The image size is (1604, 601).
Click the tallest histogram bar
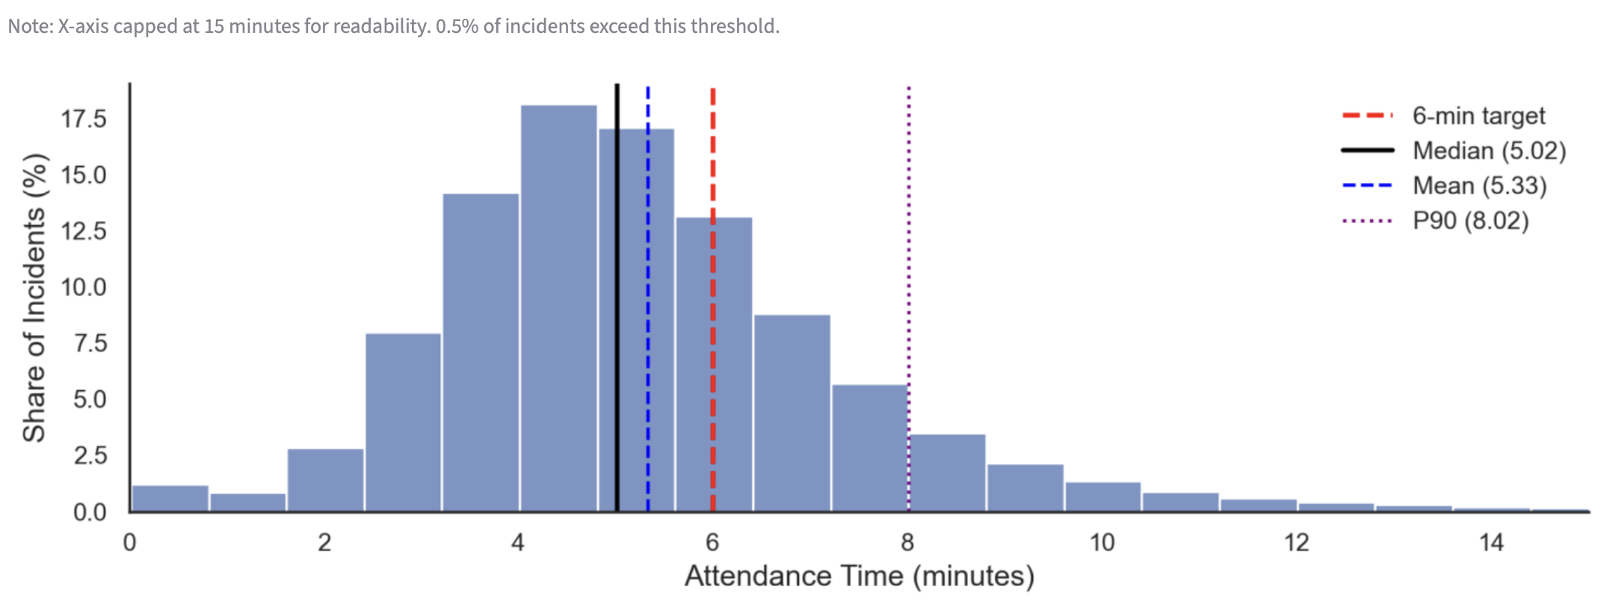pos(558,306)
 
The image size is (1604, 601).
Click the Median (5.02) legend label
pos(1488,151)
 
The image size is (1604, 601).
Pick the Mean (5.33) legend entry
pos(1478,185)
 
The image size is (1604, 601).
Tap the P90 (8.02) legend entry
pos(1469,221)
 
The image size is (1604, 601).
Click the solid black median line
pos(617,299)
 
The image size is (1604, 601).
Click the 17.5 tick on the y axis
pos(84,119)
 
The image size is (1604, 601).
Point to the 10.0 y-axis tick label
pos(84,287)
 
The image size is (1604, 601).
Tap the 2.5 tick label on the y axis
pos(90,455)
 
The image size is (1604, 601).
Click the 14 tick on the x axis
pos(1491,543)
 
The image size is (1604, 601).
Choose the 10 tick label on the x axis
pos(1102,543)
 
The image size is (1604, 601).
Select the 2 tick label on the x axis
pos(324,543)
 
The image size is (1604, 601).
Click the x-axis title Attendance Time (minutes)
pos(860,576)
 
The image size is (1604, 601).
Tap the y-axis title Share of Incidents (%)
pos(34,298)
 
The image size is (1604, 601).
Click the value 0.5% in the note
pos(457,27)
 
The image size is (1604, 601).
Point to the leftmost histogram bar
pos(170,499)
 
